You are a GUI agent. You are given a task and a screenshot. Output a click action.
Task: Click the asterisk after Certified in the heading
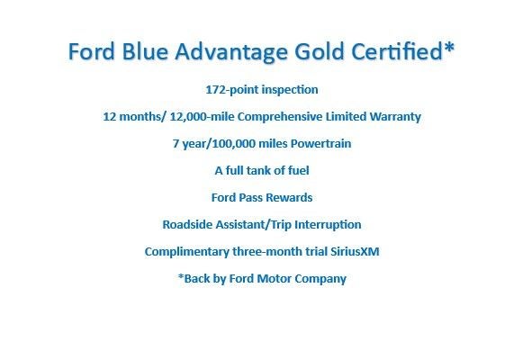pos(448,47)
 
